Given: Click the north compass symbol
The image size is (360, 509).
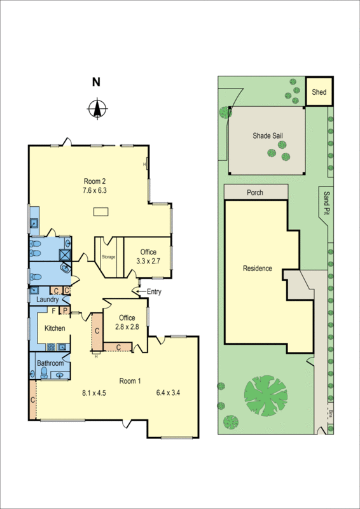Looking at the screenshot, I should click(96, 109).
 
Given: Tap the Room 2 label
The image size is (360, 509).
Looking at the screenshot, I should click(93, 180).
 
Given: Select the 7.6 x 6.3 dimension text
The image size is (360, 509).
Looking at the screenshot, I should click(93, 190).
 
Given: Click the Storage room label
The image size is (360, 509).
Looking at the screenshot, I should click(109, 256).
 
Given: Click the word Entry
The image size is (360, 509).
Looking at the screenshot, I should click(155, 291).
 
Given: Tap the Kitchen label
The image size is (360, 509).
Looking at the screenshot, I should click(55, 328).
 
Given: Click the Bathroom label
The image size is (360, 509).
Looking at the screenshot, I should click(50, 363).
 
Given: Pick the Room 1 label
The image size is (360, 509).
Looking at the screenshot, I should click(130, 381).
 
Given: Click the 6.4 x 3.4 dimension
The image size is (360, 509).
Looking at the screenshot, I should click(168, 392).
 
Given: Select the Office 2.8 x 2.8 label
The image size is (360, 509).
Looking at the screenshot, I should click(127, 322).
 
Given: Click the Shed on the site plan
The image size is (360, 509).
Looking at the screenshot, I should click(319, 92).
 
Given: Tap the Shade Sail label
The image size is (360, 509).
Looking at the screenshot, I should click(267, 136).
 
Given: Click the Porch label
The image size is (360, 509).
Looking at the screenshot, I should click(254, 193).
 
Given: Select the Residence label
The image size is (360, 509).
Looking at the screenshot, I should click(258, 268).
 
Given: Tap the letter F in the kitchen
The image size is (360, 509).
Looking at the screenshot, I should click(53, 310).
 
